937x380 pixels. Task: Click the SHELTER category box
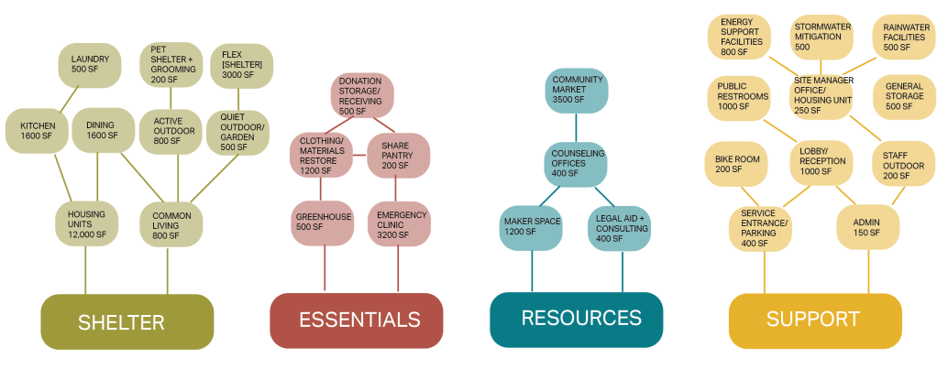point(127,321)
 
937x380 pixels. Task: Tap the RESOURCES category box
point(576,319)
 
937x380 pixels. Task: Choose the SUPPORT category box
point(814,320)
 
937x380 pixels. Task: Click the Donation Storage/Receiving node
point(359,95)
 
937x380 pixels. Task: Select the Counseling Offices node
point(577,161)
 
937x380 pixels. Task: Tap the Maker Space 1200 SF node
point(532,226)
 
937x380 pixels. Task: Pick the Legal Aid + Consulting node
point(621,226)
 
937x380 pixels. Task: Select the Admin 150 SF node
point(865,227)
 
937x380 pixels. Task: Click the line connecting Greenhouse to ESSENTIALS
point(325,270)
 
